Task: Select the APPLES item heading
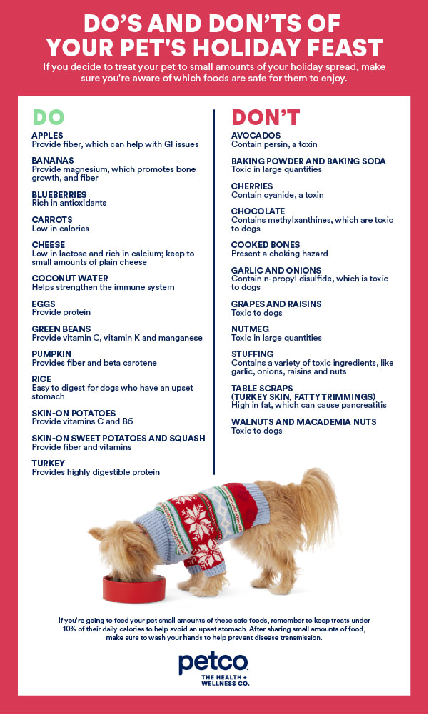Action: [47, 135]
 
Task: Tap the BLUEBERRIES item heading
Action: [59, 194]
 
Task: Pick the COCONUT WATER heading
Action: [70, 279]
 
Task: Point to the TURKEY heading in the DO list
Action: [48, 464]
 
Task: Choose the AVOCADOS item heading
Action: [256, 135]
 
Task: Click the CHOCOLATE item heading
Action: [258, 211]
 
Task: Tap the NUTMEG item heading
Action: [251, 329]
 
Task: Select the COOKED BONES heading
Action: [266, 245]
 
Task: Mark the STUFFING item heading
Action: [252, 354]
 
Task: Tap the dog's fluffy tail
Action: [319, 500]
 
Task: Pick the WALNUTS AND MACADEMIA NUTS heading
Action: [303, 422]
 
